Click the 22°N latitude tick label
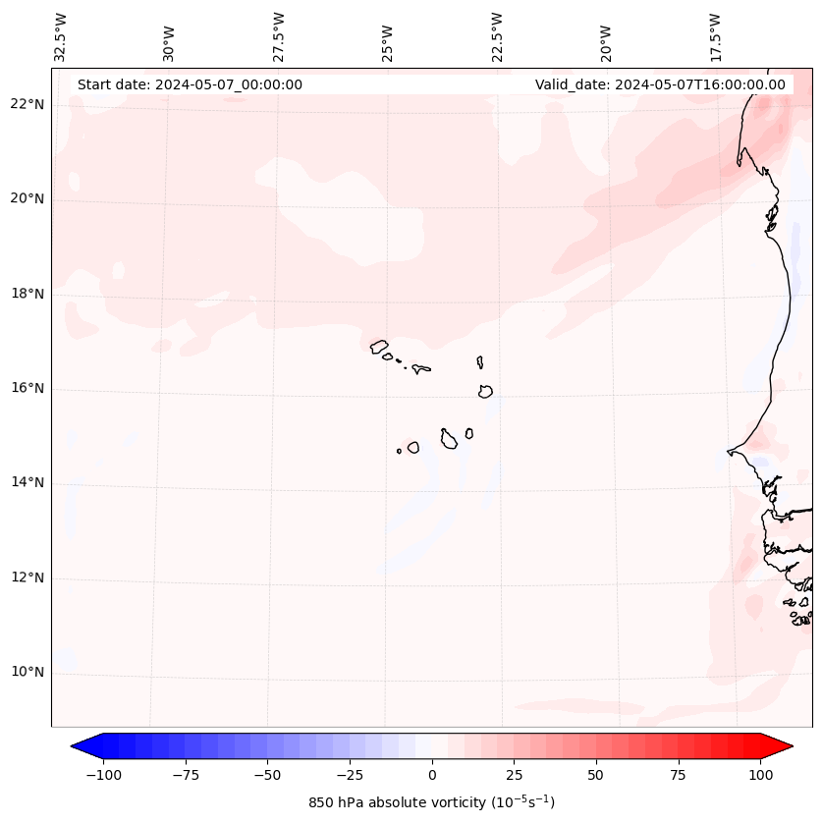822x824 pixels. click(27, 105)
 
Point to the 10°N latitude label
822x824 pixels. click(27, 673)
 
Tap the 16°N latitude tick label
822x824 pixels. click(27, 389)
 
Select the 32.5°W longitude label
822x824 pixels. click(61, 36)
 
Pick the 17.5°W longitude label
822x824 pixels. click(715, 36)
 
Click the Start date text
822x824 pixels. click(190, 84)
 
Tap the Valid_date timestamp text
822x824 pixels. click(660, 84)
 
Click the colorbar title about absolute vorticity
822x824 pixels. click(431, 803)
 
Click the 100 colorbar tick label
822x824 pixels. click(760, 775)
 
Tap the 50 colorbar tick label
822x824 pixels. click(596, 775)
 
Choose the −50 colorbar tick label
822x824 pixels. click(266, 775)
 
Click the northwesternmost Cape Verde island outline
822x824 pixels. click(379, 346)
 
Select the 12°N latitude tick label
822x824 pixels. click(27, 578)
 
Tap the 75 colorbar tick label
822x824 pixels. click(678, 775)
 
